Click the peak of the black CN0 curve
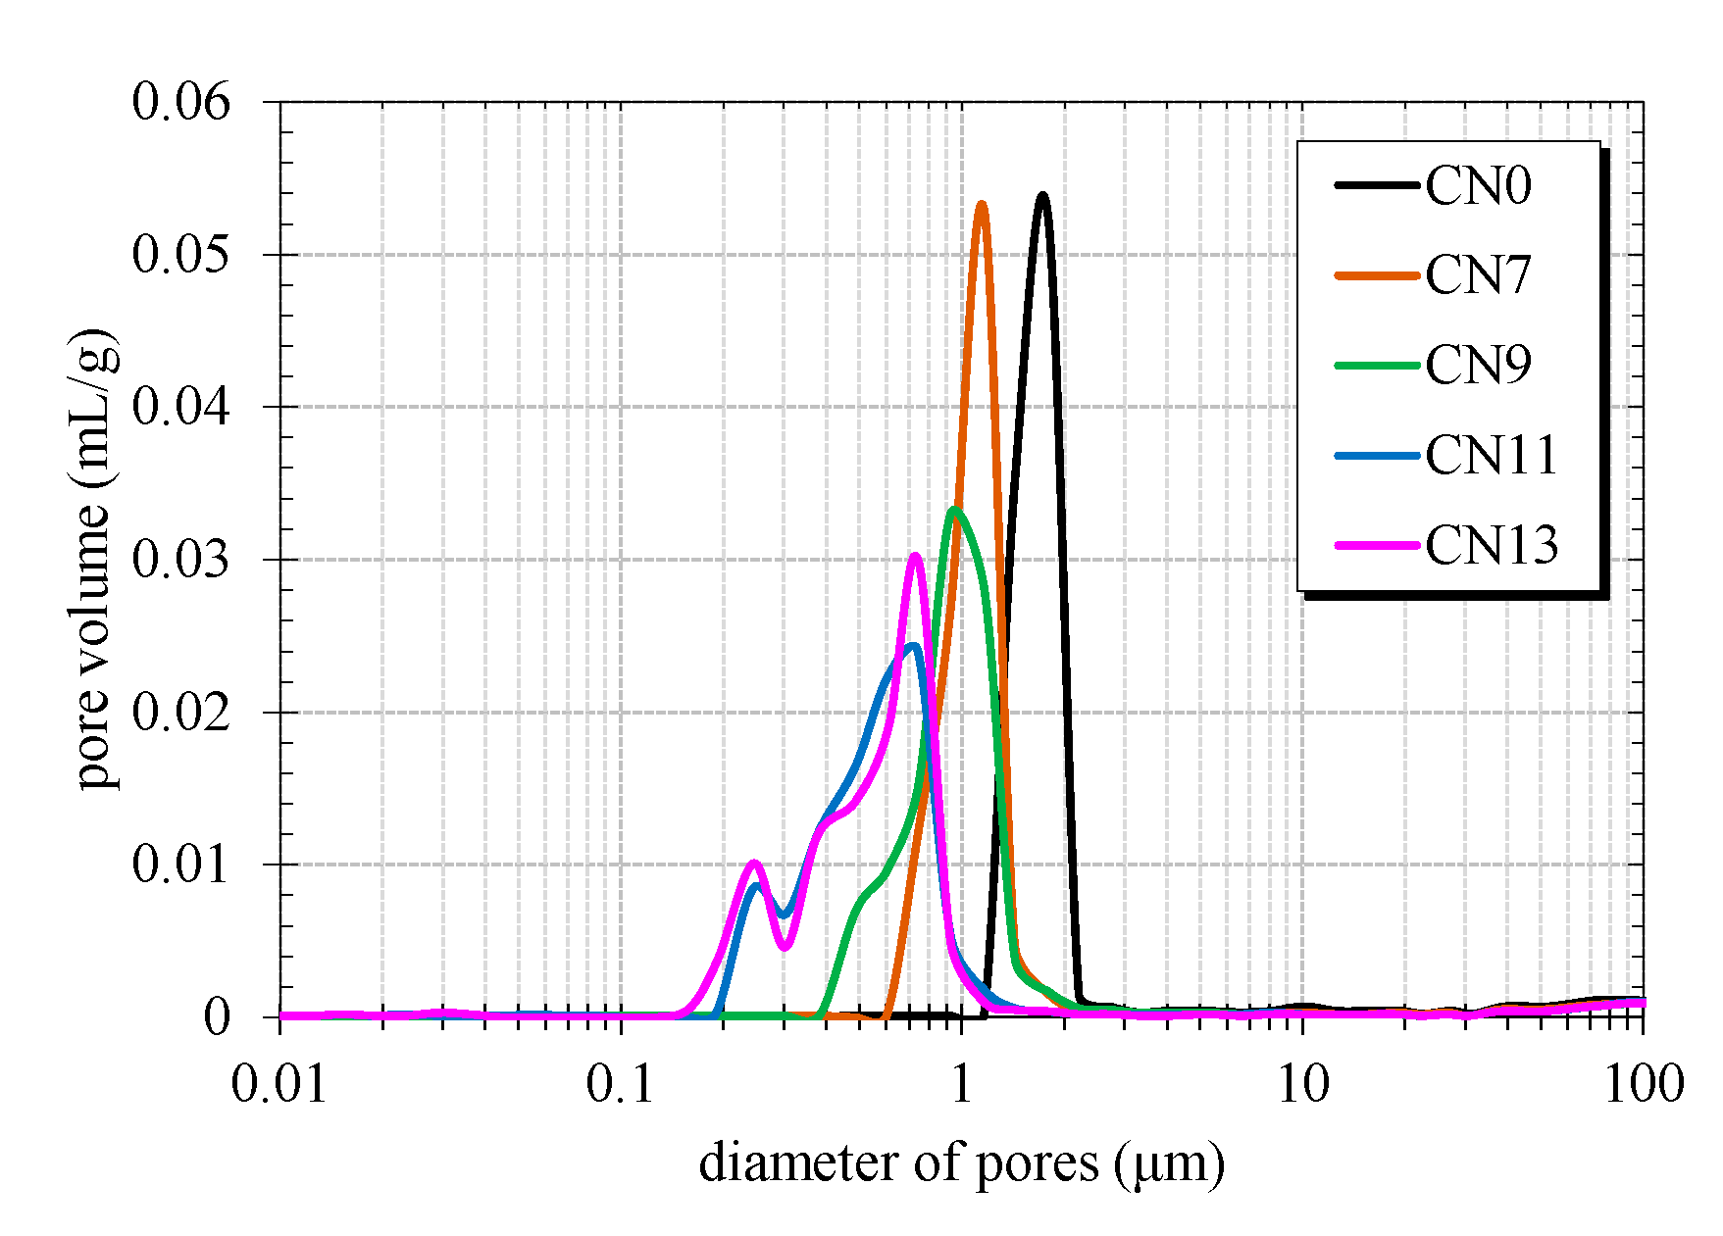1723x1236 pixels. pyautogui.click(x=1042, y=196)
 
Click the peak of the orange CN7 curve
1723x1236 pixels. pyautogui.click(x=981, y=204)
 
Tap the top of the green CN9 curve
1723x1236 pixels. pyautogui.click(x=953, y=509)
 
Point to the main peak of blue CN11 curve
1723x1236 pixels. pyautogui.click(x=913, y=645)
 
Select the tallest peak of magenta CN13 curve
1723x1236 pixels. pyautogui.click(x=915, y=556)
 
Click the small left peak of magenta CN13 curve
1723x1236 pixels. pyautogui.click(x=753, y=863)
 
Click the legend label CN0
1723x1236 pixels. pyautogui.click(x=1477, y=185)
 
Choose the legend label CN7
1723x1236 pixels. pyautogui.click(x=1477, y=275)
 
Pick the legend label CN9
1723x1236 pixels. pyautogui.click(x=1477, y=365)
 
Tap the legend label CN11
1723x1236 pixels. pyautogui.click(x=1491, y=455)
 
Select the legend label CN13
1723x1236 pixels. pyautogui.click(x=1491, y=545)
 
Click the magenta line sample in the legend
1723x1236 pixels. pyautogui.click(x=1377, y=545)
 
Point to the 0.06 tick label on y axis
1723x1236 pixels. pyautogui.click(x=180, y=102)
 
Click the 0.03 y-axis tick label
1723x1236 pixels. pyautogui.click(x=180, y=560)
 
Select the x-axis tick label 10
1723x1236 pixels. pyautogui.click(x=1302, y=1084)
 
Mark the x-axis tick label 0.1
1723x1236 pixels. pyautogui.click(x=620, y=1084)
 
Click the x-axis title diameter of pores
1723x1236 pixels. pyautogui.click(x=961, y=1163)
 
